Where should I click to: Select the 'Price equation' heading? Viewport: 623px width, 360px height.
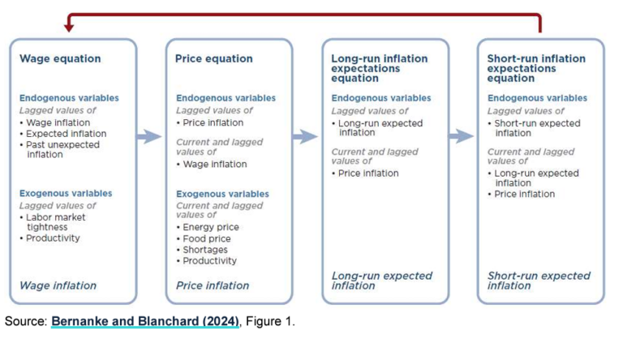pyautogui.click(x=213, y=59)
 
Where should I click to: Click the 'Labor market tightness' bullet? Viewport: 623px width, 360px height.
pyautogui.click(x=55, y=222)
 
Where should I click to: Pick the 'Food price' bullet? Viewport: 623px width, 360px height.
pyautogui.click(x=207, y=238)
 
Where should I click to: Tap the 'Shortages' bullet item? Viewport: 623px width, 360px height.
pyautogui.click(x=206, y=250)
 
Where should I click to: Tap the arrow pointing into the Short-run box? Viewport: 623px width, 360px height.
pyautogui.click(x=461, y=136)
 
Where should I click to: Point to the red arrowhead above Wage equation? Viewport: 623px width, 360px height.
pyautogui.click(x=68, y=28)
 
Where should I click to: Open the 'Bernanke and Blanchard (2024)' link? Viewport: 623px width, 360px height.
pyautogui.click(x=145, y=322)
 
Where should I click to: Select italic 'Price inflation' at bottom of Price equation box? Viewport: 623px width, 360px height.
pyautogui.click(x=213, y=285)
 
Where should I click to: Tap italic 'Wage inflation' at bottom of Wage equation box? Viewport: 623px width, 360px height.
pyautogui.click(x=58, y=285)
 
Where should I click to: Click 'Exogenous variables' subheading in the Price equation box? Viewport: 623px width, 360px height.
pyautogui.click(x=221, y=194)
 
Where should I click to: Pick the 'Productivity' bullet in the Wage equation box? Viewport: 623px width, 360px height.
pyautogui.click(x=53, y=238)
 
